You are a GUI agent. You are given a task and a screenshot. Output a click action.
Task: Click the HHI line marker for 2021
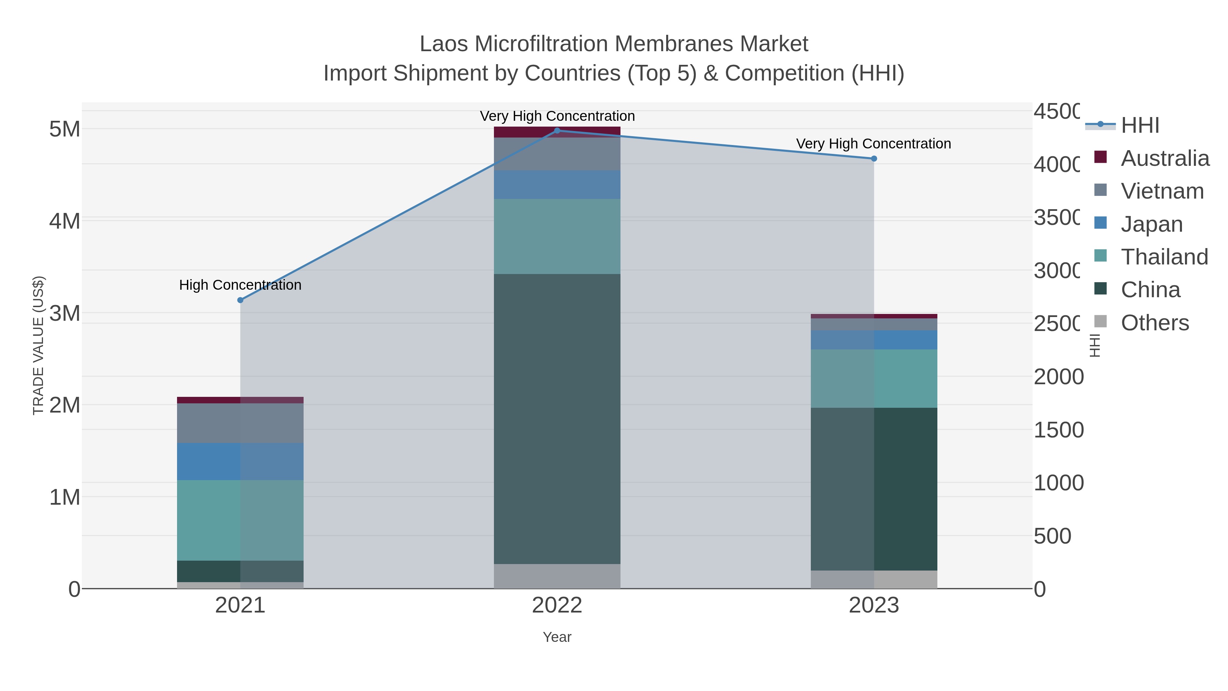(x=240, y=300)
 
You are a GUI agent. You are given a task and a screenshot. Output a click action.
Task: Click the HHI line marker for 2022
(x=557, y=131)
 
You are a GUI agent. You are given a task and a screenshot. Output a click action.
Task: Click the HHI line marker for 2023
(x=874, y=159)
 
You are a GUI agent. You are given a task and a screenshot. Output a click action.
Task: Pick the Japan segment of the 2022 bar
(x=557, y=185)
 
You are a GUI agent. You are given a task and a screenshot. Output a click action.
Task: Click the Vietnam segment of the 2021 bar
(x=240, y=423)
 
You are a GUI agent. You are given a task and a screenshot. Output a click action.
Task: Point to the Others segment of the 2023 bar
(x=874, y=579)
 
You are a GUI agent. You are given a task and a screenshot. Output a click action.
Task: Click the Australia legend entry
(x=1165, y=158)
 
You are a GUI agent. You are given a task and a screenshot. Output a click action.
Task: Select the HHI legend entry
(x=1139, y=126)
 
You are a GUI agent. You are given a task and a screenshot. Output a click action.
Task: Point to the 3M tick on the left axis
(x=65, y=313)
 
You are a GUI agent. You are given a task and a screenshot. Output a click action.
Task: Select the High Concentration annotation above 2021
(x=240, y=285)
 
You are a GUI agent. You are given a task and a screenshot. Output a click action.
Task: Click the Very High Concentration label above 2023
(x=873, y=144)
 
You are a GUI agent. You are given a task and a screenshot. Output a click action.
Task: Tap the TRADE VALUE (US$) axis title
(x=38, y=345)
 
